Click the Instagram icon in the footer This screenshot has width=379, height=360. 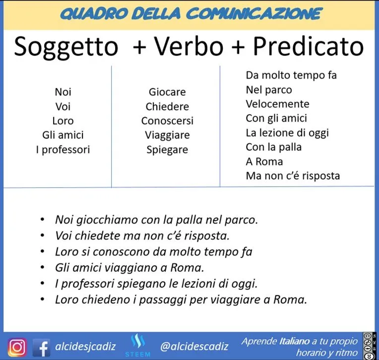17,348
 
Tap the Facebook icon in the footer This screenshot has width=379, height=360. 41,348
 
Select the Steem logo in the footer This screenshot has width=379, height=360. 138,345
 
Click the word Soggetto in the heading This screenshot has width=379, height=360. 66,47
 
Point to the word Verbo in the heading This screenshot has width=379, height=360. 189,46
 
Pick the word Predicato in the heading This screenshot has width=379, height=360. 308,46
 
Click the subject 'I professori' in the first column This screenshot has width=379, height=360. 63,150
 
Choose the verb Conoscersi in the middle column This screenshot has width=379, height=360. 167,121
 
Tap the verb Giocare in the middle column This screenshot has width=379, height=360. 167,92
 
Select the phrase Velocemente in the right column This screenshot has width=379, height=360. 277,104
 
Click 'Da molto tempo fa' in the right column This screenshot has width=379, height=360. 291,75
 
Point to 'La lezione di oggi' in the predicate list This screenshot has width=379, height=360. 287,133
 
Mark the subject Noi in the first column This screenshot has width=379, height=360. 63,92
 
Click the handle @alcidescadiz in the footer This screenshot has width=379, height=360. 194,347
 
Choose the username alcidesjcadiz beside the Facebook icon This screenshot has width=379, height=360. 85,347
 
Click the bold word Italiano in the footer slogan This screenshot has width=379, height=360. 294,341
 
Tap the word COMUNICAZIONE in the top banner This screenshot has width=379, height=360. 254,13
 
